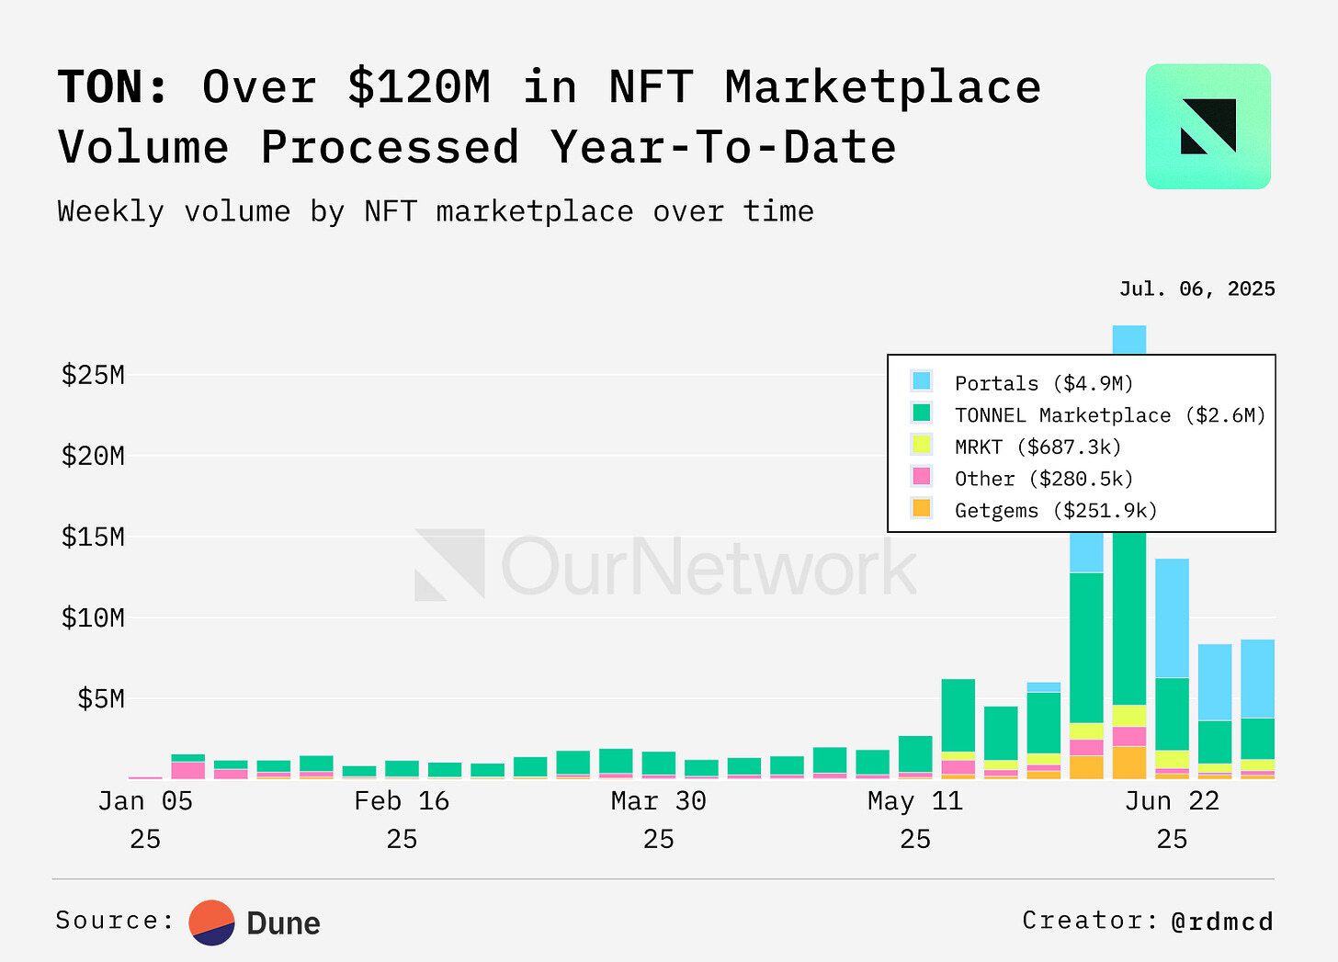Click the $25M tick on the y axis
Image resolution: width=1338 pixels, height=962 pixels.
[93, 375]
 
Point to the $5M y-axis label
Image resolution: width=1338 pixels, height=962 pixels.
[100, 699]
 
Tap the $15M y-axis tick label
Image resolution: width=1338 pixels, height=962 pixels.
[93, 537]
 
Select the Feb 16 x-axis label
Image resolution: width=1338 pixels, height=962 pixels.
[402, 801]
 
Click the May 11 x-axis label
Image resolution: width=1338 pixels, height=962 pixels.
[915, 801]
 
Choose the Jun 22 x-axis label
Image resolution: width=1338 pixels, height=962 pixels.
[1172, 801]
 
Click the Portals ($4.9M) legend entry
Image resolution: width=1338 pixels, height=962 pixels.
[1043, 383]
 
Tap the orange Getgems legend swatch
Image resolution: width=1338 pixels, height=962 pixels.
[921, 508]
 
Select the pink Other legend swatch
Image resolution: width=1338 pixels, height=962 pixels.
[921, 476]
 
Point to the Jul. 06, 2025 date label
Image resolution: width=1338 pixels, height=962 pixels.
[1196, 289]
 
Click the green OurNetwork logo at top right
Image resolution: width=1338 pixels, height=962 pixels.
[1208, 127]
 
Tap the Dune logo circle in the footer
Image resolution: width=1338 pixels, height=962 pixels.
[212, 922]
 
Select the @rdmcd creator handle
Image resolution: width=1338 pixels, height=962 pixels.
[1222, 922]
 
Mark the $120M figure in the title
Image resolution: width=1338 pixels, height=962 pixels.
[419, 88]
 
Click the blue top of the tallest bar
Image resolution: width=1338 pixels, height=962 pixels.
[1128, 338]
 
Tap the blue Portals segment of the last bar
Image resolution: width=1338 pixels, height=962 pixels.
[1257, 678]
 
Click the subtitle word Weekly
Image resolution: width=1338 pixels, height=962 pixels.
[110, 212]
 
